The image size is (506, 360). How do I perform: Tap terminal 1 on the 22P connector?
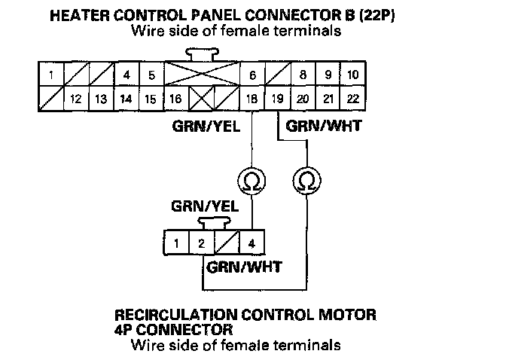[50, 75]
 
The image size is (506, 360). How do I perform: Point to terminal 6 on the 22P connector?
[251, 75]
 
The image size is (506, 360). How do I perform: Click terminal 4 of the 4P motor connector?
[251, 243]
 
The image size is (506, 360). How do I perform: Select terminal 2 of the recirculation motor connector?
[201, 243]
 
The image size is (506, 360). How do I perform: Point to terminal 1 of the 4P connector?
[175, 243]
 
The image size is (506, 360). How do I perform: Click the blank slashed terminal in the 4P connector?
[226, 243]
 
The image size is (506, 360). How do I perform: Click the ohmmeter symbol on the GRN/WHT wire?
[305, 180]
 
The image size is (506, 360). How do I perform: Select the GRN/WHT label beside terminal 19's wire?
[329, 126]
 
